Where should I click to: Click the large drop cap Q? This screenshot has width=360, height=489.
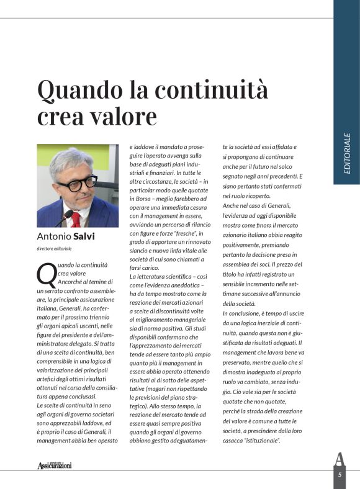[46, 274]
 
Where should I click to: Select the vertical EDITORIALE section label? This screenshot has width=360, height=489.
[346, 153]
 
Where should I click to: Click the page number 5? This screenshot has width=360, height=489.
[340, 474]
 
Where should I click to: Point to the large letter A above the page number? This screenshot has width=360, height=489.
[339, 459]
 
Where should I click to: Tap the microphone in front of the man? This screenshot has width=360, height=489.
[66, 217]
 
